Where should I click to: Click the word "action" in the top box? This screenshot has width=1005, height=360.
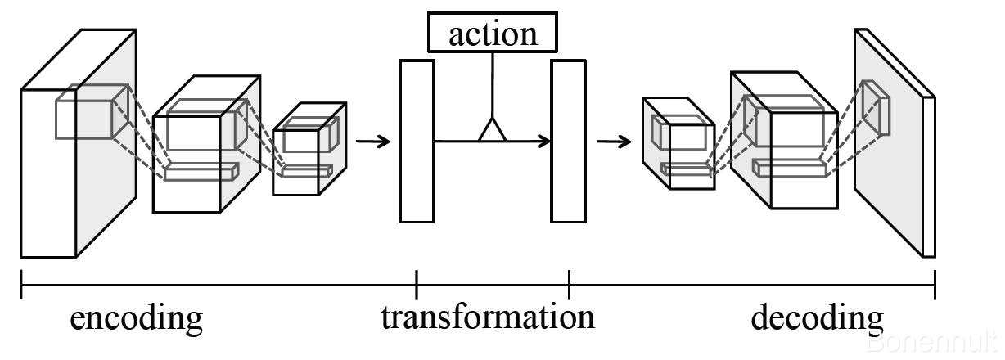493,34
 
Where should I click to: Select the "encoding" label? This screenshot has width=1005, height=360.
136,318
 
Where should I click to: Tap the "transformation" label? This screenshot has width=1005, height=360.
488,317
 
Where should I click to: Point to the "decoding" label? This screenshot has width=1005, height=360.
817,318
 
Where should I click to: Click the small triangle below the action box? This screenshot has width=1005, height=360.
492,129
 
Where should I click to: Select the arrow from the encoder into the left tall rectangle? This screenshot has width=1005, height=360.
373,141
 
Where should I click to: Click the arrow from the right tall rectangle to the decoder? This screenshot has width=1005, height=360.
614,142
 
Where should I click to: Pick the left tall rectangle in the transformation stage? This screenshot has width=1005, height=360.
416,140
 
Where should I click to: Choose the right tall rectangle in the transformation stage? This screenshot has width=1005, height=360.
568,140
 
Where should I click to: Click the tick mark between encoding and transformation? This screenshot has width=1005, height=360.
417,284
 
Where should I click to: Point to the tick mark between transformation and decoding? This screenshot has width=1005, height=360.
569,284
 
